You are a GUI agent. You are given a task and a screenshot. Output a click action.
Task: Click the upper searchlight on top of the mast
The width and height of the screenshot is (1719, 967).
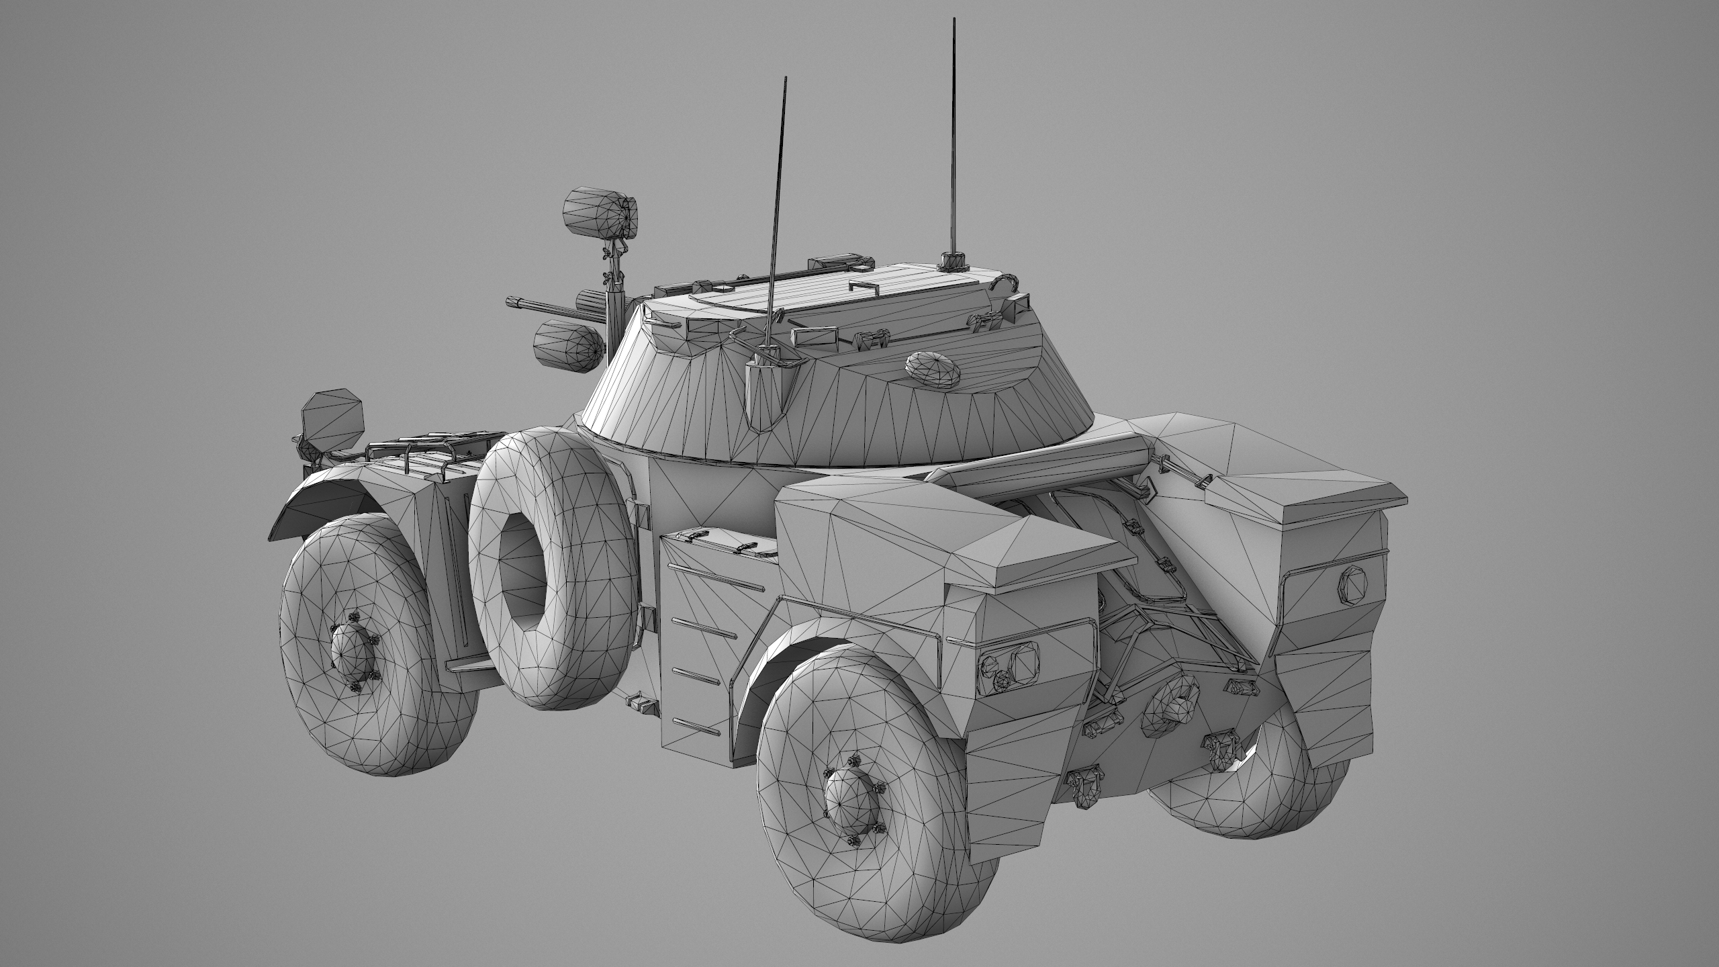(602, 213)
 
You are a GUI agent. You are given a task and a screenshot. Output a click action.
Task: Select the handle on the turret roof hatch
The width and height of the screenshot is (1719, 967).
(865, 287)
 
